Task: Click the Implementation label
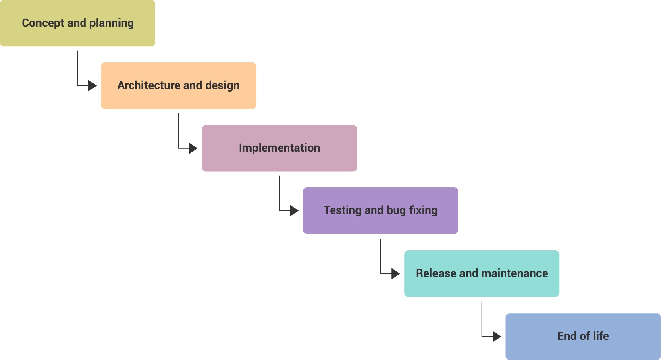coord(279,148)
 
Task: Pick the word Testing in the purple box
coord(342,210)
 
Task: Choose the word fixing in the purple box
coord(423,210)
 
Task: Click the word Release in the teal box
coord(436,273)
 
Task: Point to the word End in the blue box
coord(567,336)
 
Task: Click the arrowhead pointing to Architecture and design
coord(93,85)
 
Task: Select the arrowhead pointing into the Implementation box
coord(193,148)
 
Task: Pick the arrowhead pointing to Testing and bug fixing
coord(295,210)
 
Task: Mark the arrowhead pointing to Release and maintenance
coord(396,274)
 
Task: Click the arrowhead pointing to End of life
coord(497,336)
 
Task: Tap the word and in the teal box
coord(468,273)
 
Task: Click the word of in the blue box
coord(585,336)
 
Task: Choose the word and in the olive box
coord(77,23)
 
